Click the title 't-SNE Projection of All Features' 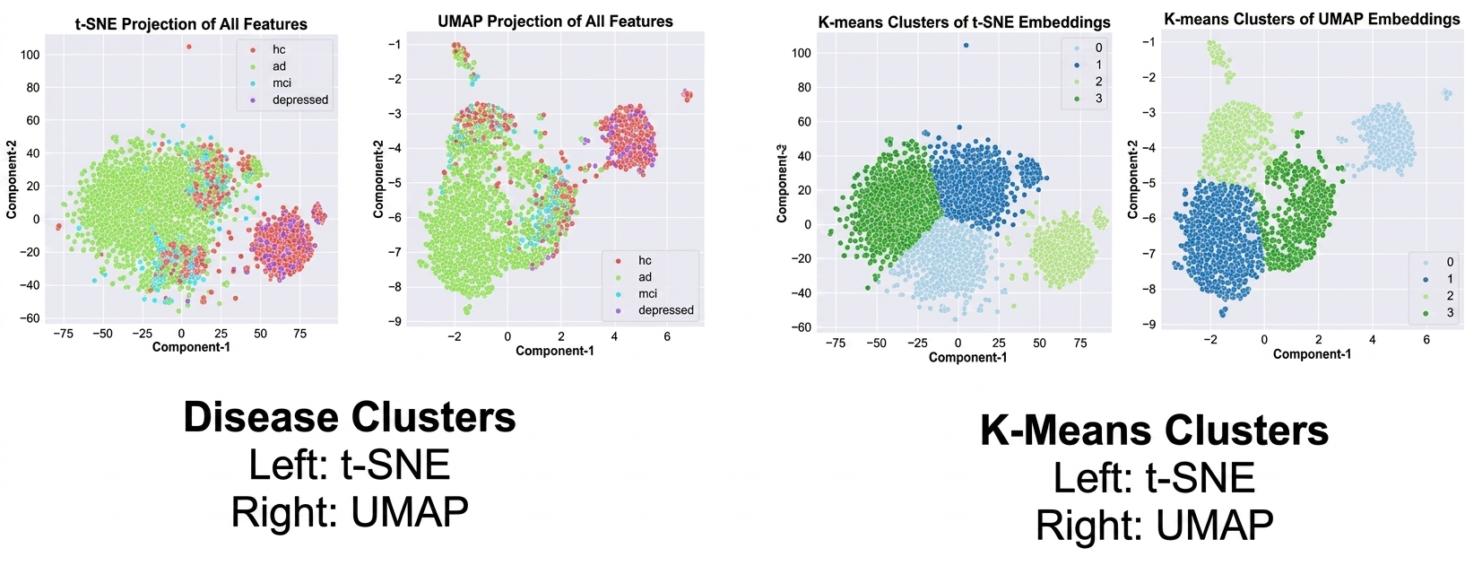pos(191,24)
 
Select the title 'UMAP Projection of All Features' pos(555,21)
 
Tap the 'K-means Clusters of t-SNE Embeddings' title pos(964,22)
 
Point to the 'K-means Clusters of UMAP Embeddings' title pos(1312,18)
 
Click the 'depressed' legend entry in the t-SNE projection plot pos(300,100)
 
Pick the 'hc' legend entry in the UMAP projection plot pos(645,260)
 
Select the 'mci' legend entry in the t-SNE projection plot pos(282,83)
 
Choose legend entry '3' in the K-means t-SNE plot pos(1098,98)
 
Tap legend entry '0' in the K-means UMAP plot pos(1450,262)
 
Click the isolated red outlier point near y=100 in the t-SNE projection pos(188,47)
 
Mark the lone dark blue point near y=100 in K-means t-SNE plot pos(966,45)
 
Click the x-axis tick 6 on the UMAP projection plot pos(667,336)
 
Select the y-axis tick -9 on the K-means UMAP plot pos(1149,324)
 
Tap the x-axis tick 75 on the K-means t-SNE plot pos(1080,343)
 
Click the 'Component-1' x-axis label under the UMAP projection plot pos(555,351)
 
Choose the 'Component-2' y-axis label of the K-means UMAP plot pos(1132,179)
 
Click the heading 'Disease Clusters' pos(350,418)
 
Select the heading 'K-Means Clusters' pos(1154,430)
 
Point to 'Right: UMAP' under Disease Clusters pos(350,512)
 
